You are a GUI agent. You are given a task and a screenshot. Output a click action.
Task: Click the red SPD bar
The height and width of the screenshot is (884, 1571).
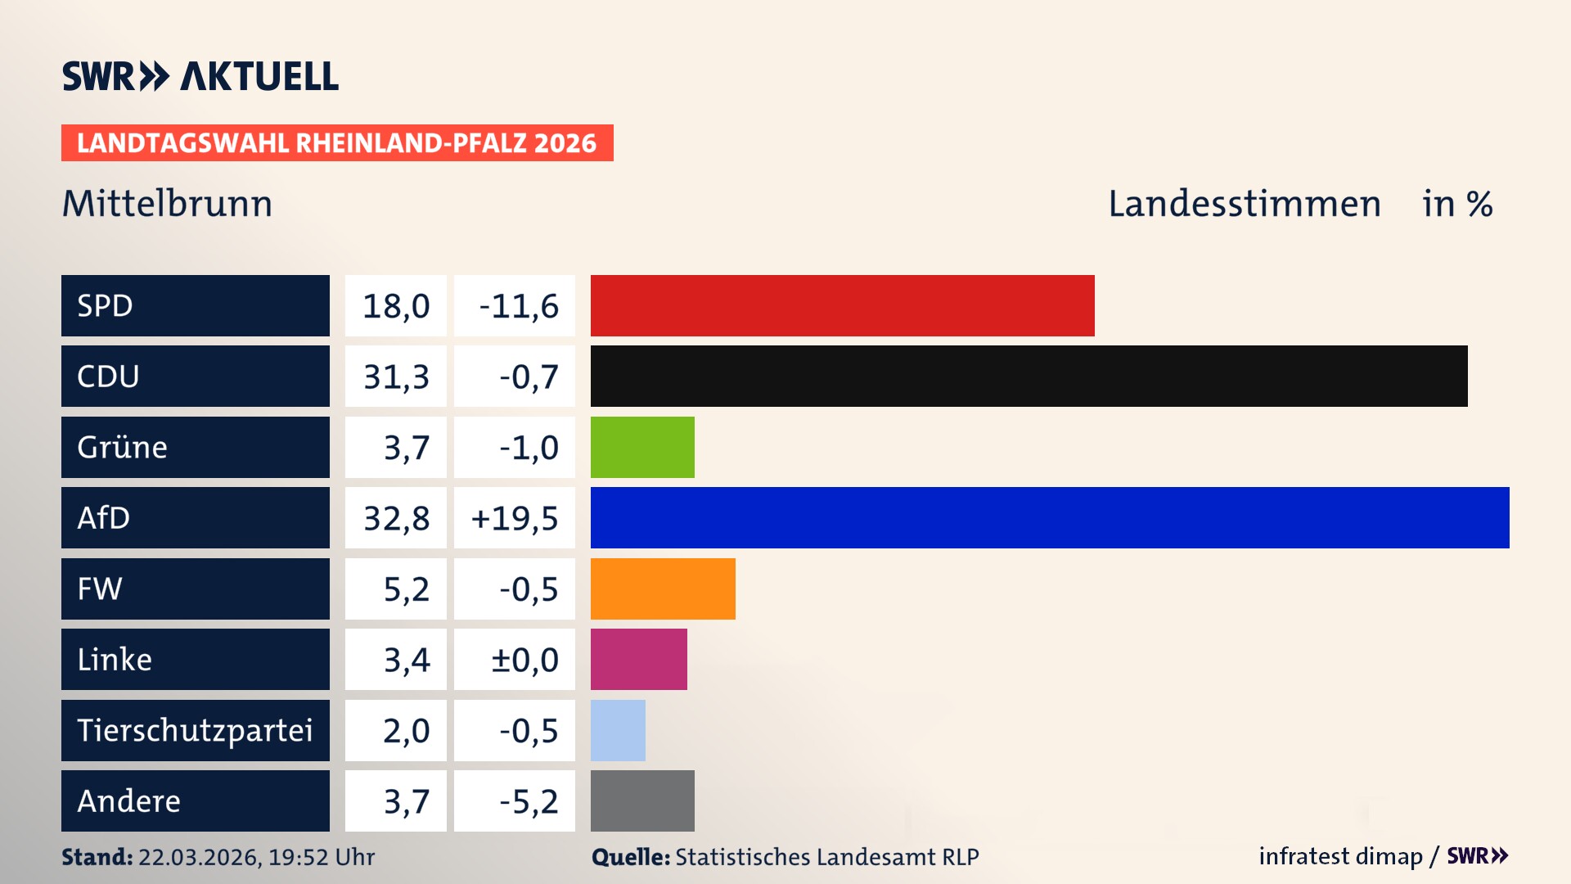click(x=842, y=305)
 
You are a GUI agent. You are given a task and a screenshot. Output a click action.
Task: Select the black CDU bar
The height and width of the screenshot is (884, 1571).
click(x=1029, y=377)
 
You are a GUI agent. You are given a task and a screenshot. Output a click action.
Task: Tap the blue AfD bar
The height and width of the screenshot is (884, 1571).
click(x=1050, y=517)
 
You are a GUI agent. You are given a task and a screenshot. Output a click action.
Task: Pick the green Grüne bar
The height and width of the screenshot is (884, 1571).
click(x=642, y=447)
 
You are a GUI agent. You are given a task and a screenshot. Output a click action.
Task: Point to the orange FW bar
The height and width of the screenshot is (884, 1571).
click(x=663, y=589)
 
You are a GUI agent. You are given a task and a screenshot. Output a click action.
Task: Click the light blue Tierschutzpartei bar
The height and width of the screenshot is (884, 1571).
click(x=618, y=730)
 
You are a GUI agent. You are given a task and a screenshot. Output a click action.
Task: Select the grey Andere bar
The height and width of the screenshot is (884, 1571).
click(x=642, y=801)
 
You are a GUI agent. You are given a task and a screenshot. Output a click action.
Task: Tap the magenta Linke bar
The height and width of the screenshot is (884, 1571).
click(x=638, y=659)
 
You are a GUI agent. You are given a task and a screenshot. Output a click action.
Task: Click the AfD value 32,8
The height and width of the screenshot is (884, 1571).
click(x=396, y=518)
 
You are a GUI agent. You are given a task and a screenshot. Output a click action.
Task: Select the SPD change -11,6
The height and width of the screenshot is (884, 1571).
click(x=518, y=306)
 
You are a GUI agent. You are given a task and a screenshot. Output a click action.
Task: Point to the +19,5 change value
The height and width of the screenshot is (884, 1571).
click(x=515, y=518)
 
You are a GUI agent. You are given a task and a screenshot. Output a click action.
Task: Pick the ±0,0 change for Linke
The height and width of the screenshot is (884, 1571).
click(x=524, y=660)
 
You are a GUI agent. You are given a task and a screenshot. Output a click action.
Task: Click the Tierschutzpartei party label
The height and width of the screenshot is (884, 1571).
click(x=195, y=730)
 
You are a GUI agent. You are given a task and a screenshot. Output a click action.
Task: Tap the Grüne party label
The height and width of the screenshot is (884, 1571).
click(x=123, y=447)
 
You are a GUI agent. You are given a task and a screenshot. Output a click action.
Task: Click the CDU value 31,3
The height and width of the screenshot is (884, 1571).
click(x=396, y=377)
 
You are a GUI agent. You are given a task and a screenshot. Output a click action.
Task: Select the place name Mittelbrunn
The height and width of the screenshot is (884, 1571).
click(x=167, y=204)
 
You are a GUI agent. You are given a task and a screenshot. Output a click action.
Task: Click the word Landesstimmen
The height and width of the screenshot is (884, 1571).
click(x=1244, y=204)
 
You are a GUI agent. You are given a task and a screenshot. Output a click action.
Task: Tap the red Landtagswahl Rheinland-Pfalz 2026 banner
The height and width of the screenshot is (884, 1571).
click(x=336, y=143)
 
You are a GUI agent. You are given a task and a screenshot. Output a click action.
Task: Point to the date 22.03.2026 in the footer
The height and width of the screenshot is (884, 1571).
click(x=199, y=857)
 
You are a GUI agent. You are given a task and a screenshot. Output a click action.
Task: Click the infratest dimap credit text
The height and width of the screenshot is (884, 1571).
click(x=1339, y=856)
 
